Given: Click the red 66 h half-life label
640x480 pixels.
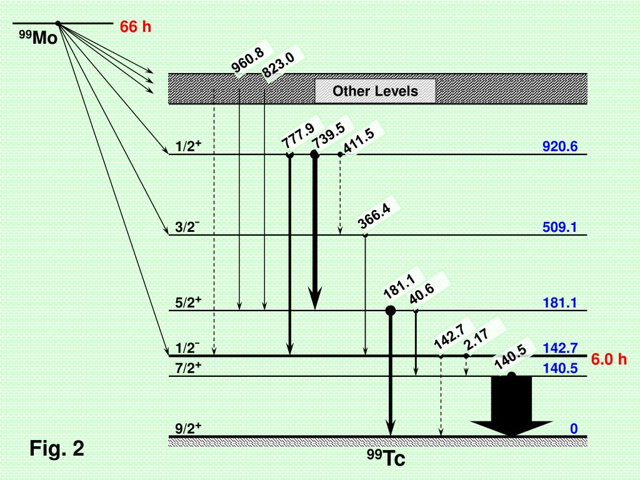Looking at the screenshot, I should click(136, 27).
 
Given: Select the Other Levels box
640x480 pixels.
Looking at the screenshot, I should click(375, 91).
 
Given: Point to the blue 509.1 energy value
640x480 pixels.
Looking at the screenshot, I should click(560, 227).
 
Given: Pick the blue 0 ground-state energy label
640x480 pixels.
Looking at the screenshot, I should click(572, 429).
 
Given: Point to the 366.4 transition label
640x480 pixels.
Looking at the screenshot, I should click(374, 216).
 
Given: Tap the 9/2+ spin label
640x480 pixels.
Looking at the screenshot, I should click(188, 429).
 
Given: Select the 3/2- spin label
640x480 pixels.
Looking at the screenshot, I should click(188, 227).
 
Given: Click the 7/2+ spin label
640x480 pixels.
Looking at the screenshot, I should click(188, 369).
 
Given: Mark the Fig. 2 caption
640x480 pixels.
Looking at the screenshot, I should click(57, 448).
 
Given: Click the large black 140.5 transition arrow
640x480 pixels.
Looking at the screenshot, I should click(511, 406).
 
